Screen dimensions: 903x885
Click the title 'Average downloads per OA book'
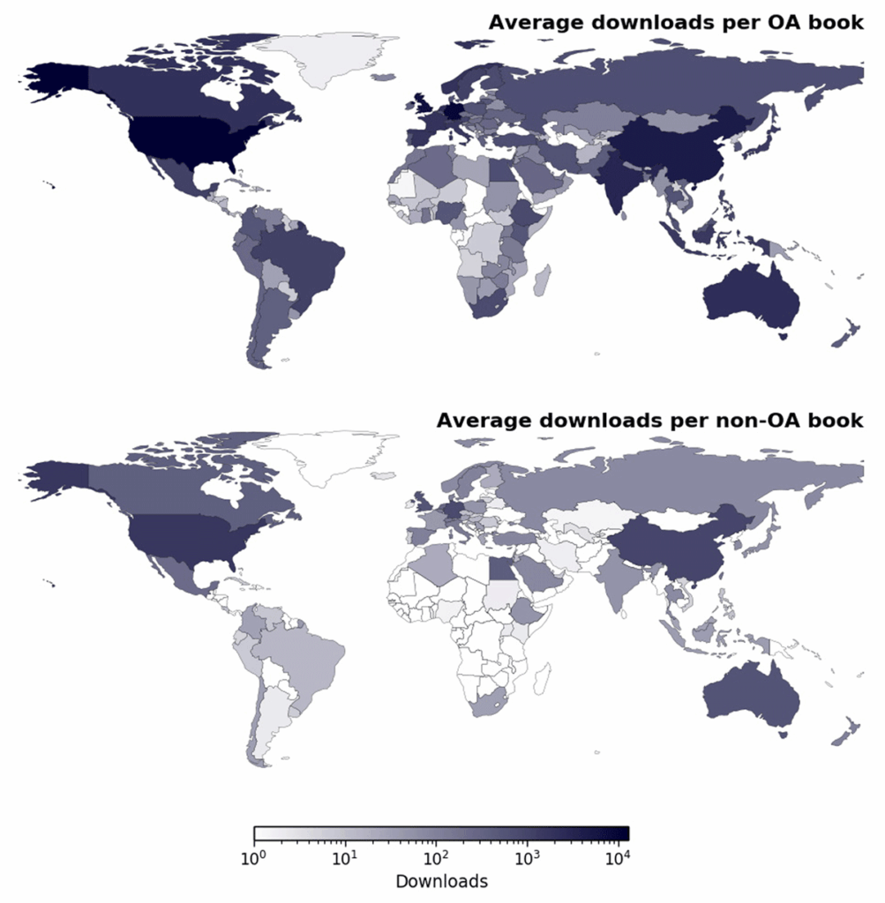676,22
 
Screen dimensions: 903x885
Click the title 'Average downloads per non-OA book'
649,420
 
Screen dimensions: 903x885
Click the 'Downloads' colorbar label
441,881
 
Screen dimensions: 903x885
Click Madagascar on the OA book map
541,280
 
